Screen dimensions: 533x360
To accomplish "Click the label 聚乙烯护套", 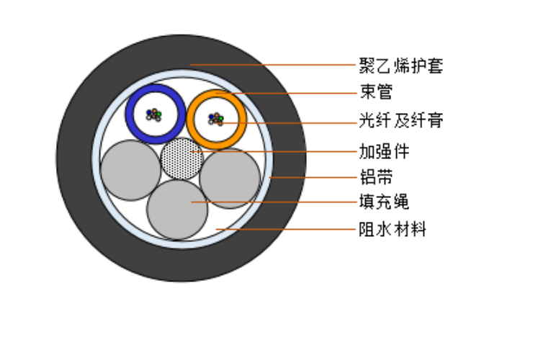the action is click(401, 66).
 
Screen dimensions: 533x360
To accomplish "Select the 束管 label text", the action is click(376, 91).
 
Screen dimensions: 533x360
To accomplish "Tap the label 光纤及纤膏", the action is click(401, 120).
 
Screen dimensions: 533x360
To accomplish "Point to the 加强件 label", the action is click(384, 151).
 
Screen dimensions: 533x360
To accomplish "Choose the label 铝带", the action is click(376, 177).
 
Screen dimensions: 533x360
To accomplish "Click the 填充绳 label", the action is click(384, 202).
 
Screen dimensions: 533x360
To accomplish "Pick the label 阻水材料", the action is click(393, 229).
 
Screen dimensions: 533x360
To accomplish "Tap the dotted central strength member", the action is click(182, 158).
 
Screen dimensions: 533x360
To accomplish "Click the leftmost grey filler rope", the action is click(131, 170).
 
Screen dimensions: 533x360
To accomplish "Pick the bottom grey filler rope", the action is click(177, 210).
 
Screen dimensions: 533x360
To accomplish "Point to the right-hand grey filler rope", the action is click(230, 178).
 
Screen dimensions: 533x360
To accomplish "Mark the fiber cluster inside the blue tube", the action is click(154, 115).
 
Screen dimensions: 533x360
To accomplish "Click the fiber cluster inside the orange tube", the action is click(216, 119).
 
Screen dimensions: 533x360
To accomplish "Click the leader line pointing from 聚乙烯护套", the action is click(272, 65).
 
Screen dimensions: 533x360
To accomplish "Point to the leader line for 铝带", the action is click(313, 177).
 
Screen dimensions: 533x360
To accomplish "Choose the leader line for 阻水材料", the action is click(285, 229).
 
